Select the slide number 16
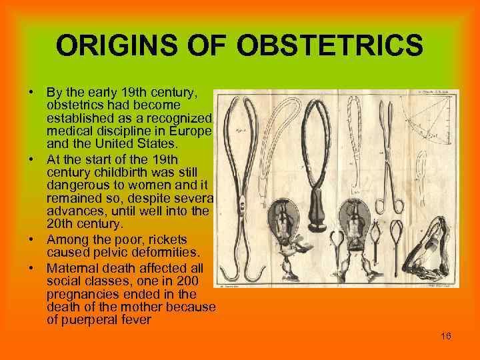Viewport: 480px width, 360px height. pyautogui.click(x=446, y=336)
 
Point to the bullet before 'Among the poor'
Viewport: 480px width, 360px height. pyautogui.click(x=31, y=239)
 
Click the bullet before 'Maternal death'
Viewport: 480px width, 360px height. pyautogui.click(x=31, y=267)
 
